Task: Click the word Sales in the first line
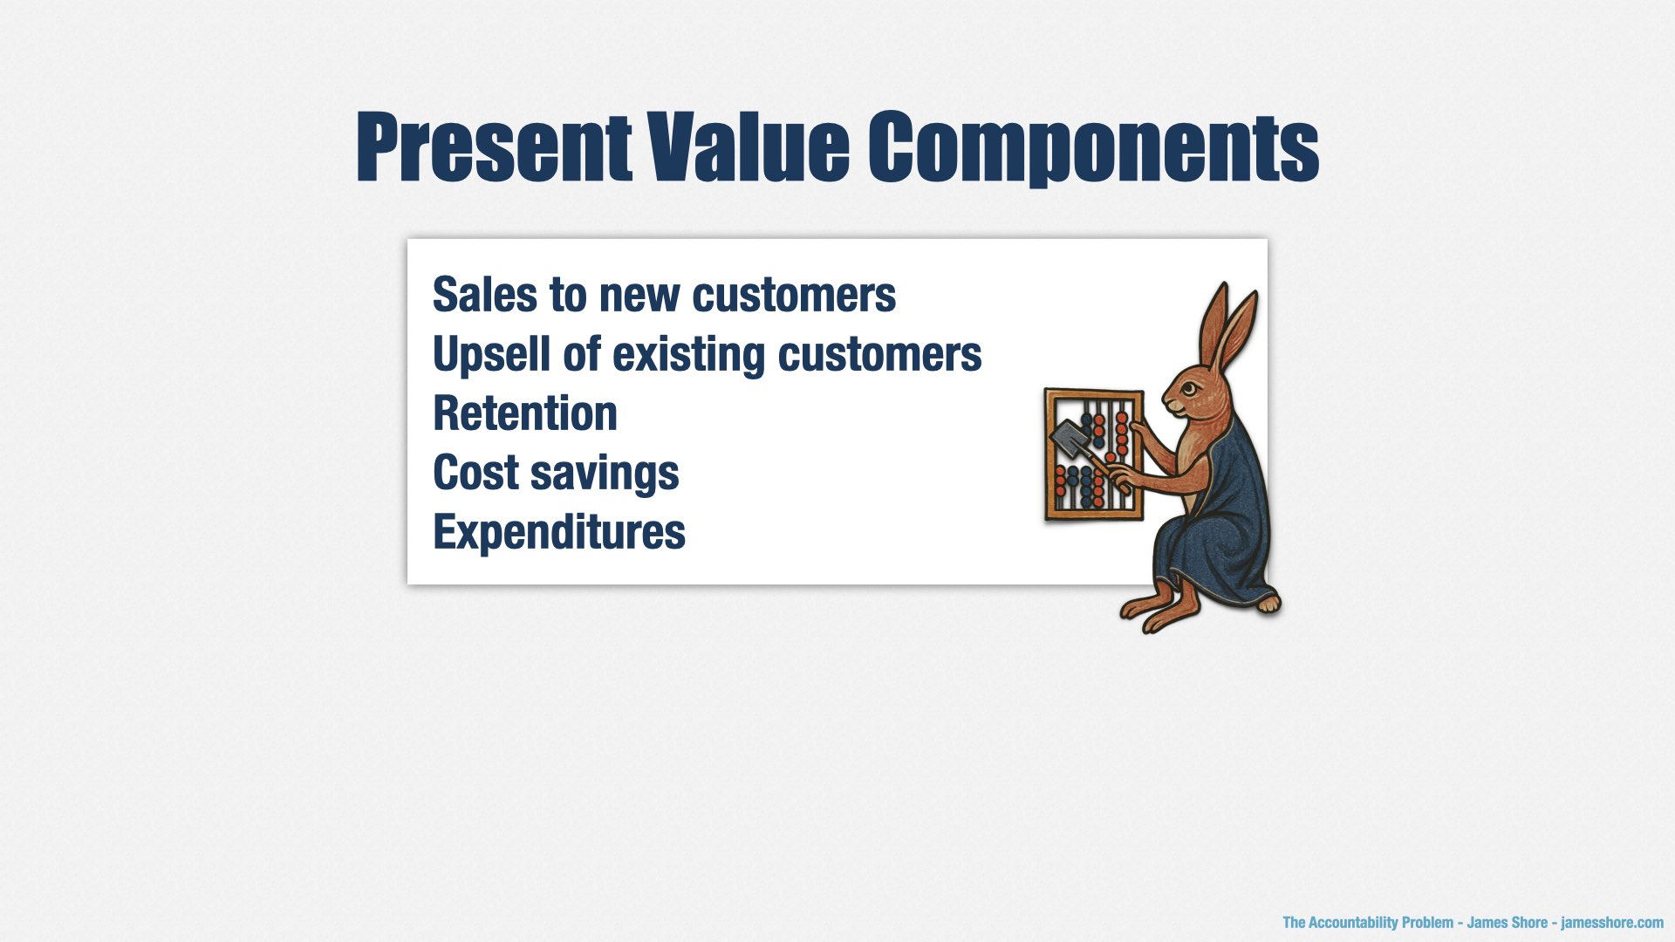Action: point(484,295)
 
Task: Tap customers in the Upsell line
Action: point(879,357)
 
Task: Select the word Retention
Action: point(525,413)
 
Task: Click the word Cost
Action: point(475,473)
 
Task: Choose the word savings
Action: point(605,475)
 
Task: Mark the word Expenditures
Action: point(559,533)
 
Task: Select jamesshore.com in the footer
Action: point(1612,923)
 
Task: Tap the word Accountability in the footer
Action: point(1353,923)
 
